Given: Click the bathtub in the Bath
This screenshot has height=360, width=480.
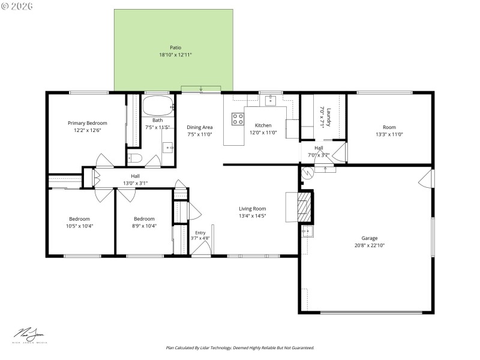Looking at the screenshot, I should (x=158, y=107).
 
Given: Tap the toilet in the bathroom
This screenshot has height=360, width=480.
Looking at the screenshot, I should (x=135, y=159).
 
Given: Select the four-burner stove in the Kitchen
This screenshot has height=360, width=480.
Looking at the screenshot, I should (x=238, y=118).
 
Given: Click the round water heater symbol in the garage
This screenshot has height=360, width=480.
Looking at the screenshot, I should (x=307, y=173).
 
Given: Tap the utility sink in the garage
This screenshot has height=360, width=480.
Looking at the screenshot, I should (x=307, y=230).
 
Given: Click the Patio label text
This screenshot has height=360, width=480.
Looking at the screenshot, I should (x=175, y=47).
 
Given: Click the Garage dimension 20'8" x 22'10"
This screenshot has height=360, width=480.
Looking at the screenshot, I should (x=369, y=245).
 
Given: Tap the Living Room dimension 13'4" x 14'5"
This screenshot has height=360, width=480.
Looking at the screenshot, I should (x=252, y=216).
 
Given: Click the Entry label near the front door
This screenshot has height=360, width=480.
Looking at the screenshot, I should (x=200, y=232).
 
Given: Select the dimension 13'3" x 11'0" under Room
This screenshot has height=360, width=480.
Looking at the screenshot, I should (x=389, y=134).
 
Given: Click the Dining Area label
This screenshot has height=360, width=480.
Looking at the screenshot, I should (x=200, y=127).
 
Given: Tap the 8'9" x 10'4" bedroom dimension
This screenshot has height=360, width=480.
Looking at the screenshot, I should (x=144, y=226).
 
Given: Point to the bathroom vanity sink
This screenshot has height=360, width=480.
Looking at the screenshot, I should (x=168, y=146).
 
